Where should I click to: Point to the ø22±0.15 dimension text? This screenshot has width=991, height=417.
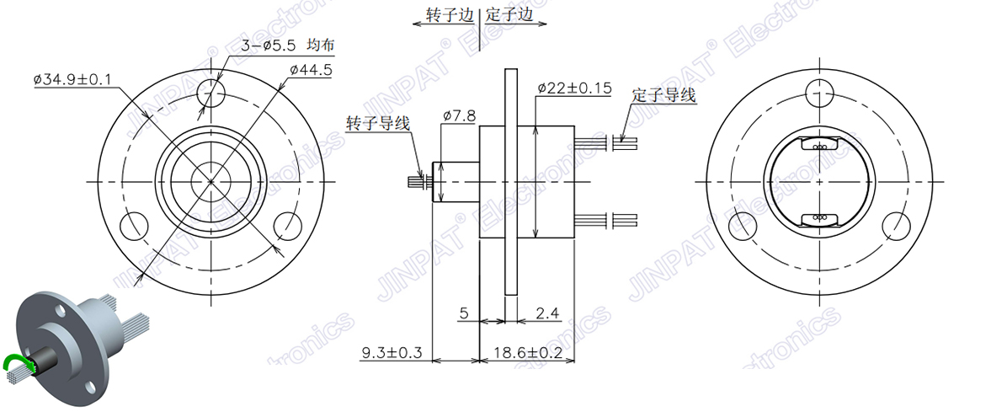[x=573, y=88]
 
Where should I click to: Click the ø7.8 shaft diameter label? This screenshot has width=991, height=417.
[x=459, y=115]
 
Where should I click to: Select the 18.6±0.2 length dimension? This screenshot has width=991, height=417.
[x=527, y=352]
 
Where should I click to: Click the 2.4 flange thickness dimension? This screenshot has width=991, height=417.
[x=547, y=313]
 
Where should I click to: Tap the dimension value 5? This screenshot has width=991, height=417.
[x=463, y=313]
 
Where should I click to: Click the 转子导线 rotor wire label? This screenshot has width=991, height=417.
[x=378, y=123]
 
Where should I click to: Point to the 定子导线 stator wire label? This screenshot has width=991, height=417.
[x=664, y=95]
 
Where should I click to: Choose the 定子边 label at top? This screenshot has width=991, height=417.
[x=510, y=15]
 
